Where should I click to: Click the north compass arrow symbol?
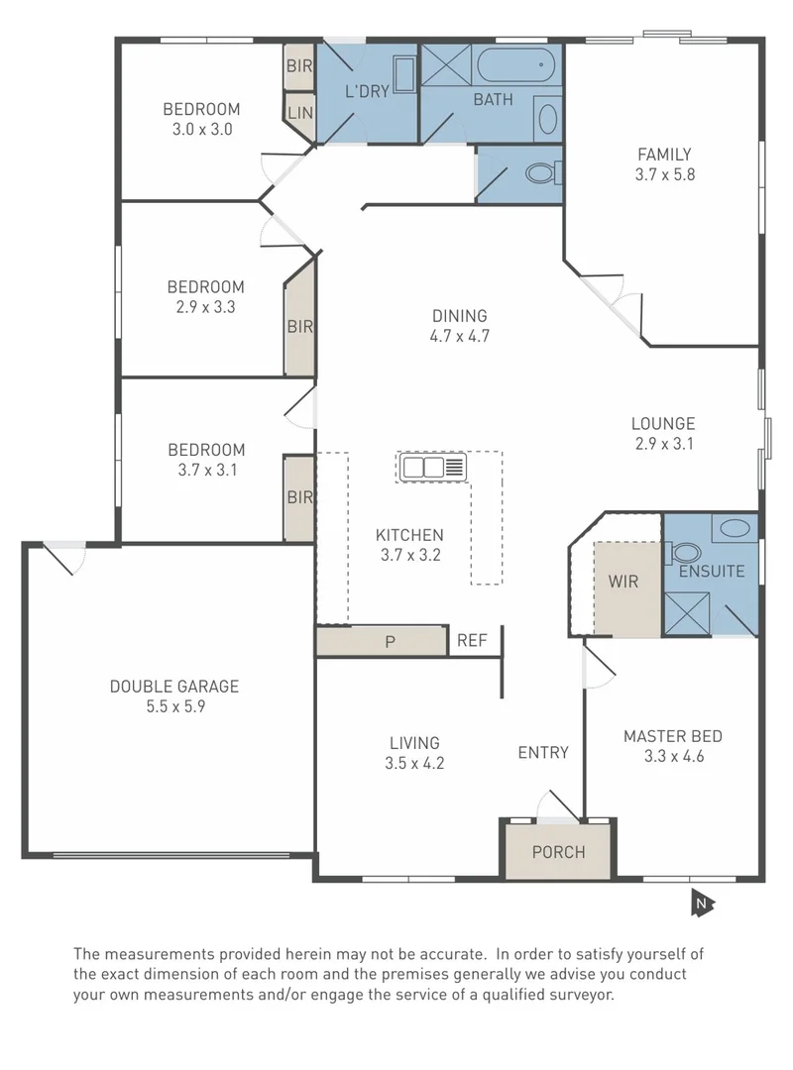pyautogui.click(x=702, y=903)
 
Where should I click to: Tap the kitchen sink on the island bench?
pyautogui.click(x=432, y=467)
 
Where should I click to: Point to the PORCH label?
pyautogui.click(x=558, y=852)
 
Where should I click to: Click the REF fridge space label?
pyautogui.click(x=472, y=641)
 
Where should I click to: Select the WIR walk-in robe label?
pyautogui.click(x=623, y=581)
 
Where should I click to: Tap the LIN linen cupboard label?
pyautogui.click(x=299, y=114)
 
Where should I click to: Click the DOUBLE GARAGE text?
pyautogui.click(x=173, y=686)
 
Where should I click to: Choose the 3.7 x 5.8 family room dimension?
pyautogui.click(x=663, y=174)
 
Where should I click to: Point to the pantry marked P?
pyautogui.click(x=390, y=642)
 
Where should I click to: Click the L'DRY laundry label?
pyautogui.click(x=367, y=92)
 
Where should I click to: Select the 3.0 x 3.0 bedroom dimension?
pyautogui.click(x=201, y=129)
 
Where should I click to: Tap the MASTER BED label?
pyautogui.click(x=672, y=736)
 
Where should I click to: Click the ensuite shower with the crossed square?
pyautogui.click(x=687, y=612)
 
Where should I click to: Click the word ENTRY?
pyautogui.click(x=543, y=752)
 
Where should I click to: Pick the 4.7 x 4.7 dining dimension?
pyautogui.click(x=459, y=336)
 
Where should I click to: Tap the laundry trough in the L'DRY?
pyautogui.click(x=404, y=73)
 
